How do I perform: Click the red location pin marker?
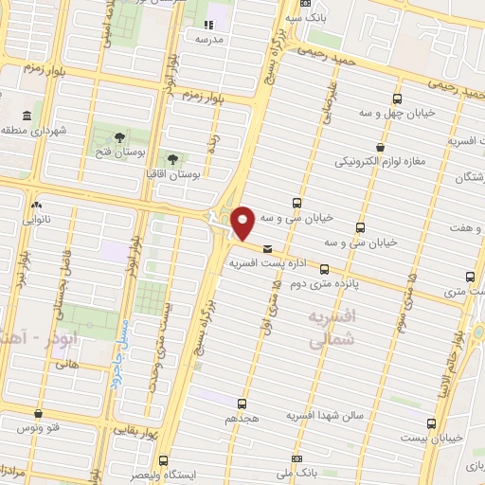pyautogui.click(x=243, y=223)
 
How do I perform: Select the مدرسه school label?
pyautogui.click(x=208, y=41)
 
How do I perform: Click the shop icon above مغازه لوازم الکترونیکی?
pyautogui.click(x=380, y=147)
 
